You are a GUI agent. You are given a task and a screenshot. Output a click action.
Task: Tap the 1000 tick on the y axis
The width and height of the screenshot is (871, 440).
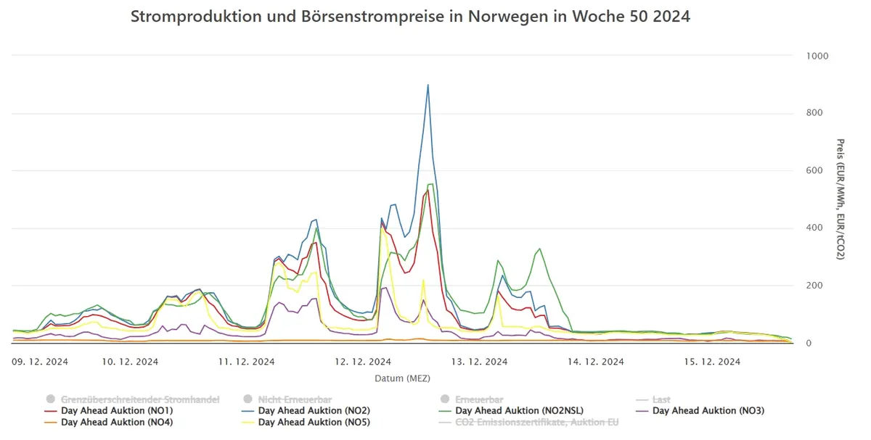coord(817,56)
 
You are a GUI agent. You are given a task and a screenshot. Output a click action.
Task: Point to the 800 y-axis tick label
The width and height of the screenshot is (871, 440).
coord(814,112)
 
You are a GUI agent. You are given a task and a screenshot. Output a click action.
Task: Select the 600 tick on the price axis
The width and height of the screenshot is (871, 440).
coord(814,170)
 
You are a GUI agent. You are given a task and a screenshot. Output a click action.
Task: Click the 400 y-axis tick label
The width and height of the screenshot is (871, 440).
coord(814,228)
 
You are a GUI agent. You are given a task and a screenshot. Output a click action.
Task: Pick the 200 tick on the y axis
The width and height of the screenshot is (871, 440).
coord(814,286)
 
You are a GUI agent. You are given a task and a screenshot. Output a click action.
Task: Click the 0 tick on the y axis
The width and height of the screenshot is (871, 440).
coord(809,344)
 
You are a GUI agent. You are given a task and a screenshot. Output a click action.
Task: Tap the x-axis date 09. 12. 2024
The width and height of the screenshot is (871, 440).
coord(40,362)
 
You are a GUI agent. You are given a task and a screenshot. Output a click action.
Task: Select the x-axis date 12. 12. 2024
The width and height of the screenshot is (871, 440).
coord(363,362)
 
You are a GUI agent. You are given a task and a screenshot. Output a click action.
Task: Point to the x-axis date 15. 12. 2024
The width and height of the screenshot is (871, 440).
coord(712,362)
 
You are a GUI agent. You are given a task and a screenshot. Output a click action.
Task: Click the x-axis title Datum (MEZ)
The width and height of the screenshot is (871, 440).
coord(402,378)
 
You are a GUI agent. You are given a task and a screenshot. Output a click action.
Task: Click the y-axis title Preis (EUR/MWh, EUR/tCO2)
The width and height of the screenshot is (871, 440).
coord(841,199)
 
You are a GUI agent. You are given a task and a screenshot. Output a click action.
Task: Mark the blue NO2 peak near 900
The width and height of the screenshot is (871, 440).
coord(428,85)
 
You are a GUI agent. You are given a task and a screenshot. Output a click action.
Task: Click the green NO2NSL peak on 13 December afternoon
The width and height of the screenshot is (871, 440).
coord(539,249)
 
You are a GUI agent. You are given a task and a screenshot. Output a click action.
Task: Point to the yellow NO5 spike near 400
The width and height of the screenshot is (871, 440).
coord(383,228)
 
